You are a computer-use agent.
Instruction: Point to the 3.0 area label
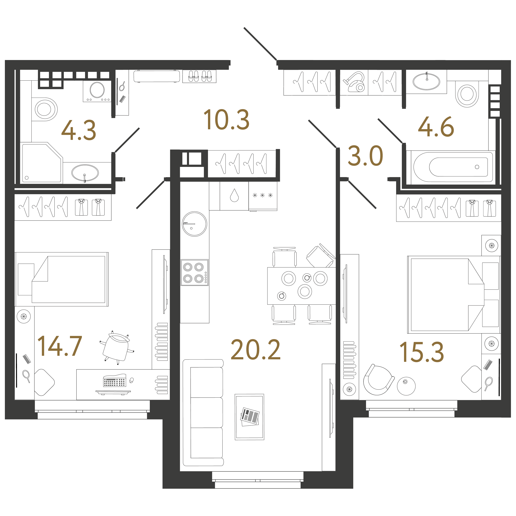point(365,156)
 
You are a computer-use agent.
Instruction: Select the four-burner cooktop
point(194,272)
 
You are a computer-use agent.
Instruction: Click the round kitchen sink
point(194,224)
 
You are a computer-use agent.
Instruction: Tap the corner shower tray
point(42,163)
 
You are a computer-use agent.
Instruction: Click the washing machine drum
point(97,90)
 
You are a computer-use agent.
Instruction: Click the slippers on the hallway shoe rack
point(199,76)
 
